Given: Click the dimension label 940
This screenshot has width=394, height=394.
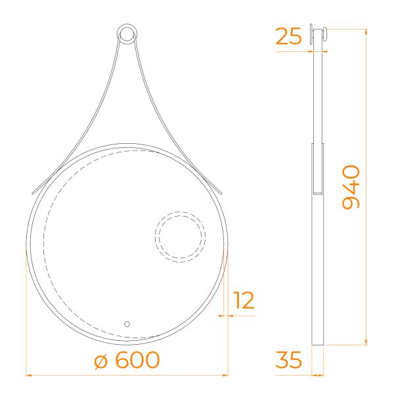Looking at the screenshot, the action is point(351,187).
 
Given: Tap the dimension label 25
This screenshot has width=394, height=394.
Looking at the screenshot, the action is point(288,36).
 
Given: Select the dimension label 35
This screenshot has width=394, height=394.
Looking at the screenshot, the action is point(288,360).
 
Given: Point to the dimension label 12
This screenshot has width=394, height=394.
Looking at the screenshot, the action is point(244,300).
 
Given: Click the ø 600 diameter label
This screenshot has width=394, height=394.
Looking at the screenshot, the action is point(127,360).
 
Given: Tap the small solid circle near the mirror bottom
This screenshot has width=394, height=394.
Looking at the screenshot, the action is point(127,324).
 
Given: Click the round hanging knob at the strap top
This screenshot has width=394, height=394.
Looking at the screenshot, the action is point(127,34).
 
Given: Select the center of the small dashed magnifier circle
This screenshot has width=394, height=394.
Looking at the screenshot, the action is point(181,236).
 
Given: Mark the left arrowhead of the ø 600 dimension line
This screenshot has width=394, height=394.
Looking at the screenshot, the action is point(29,375).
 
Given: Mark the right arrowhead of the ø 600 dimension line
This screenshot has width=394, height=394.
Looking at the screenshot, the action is point(225,375).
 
